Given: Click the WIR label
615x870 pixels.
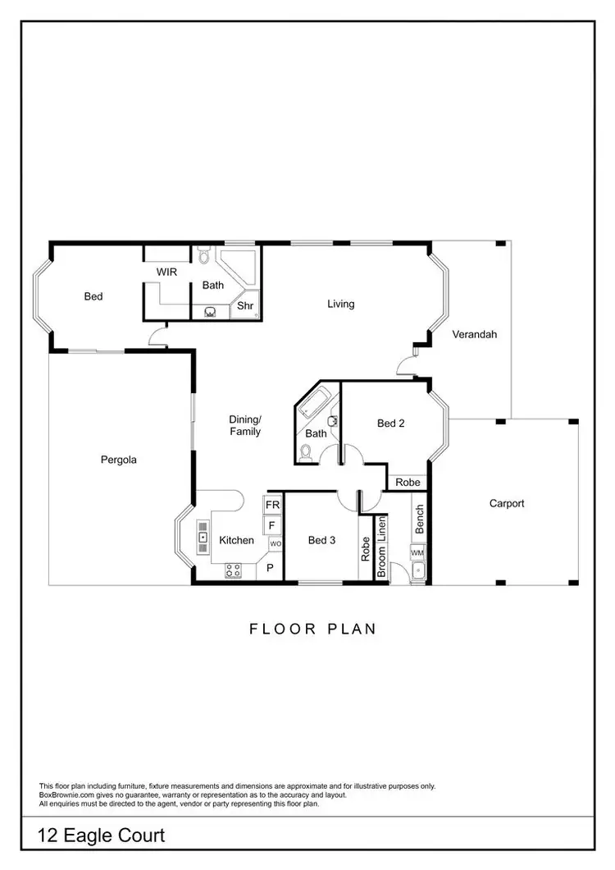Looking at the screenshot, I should click(x=166, y=271).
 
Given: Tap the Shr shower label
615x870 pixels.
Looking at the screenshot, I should click(x=244, y=306).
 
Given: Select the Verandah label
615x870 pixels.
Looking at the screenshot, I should click(x=474, y=334).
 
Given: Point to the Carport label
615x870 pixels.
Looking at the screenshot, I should click(x=506, y=503).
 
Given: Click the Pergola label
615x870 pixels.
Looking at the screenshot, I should click(x=118, y=460).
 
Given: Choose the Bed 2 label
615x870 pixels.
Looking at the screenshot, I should click(x=391, y=424).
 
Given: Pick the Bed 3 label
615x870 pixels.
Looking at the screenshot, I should click(x=321, y=540).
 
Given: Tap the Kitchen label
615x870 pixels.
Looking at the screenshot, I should click(x=236, y=540).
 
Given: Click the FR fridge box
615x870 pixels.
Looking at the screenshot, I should click(x=272, y=504).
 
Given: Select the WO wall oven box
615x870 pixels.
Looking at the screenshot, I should click(x=275, y=543).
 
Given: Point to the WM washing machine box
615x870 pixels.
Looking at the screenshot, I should click(x=417, y=554).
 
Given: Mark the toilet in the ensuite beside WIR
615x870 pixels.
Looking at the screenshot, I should click(x=203, y=256).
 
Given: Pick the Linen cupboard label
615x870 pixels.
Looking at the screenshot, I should click(x=381, y=532).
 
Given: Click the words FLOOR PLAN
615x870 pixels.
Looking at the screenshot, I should click(x=312, y=630).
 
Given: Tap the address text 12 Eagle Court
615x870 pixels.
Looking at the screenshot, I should click(x=102, y=836).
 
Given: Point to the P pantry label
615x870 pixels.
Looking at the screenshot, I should click(x=270, y=567).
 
